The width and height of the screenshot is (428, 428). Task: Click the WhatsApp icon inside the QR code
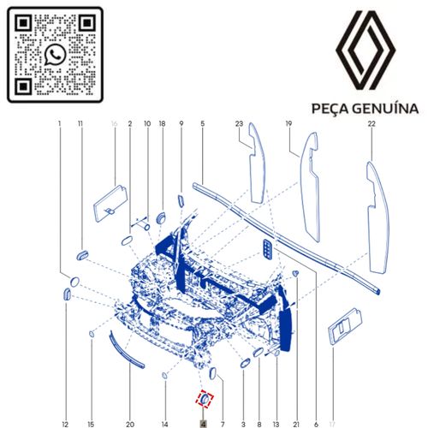click(55, 55)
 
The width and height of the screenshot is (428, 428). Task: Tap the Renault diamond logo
click(366, 51)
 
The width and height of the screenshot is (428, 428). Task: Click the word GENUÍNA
click(385, 109)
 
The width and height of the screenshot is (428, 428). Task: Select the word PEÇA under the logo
click(330, 110)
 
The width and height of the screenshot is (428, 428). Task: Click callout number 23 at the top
click(239, 124)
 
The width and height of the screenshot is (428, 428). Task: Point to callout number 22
click(372, 124)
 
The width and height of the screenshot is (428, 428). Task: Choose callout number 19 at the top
click(288, 124)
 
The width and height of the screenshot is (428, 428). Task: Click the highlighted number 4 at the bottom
click(203, 425)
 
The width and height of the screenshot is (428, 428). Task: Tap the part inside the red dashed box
click(205, 399)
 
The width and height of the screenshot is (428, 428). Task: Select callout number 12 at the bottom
click(65, 425)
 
